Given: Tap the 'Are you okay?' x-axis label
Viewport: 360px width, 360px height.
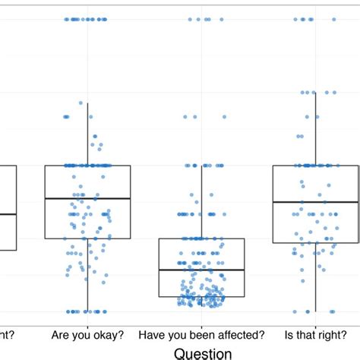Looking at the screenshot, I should [x=87, y=334].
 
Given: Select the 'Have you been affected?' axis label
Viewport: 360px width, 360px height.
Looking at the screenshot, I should [x=201, y=334].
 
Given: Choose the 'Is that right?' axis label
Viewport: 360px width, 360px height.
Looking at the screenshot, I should [x=315, y=334].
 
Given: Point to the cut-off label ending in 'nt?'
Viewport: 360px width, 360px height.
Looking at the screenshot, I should [x=5, y=334].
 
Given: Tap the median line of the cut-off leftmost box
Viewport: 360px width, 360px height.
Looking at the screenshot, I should [x=8, y=214].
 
